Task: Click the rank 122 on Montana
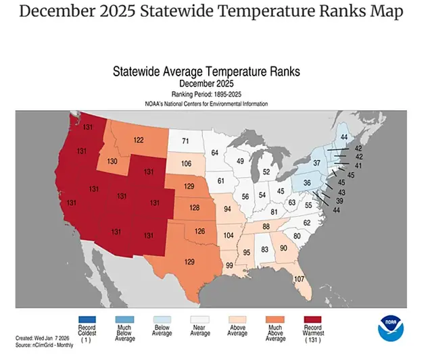pos(138,140)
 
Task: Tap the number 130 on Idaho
pos(112,161)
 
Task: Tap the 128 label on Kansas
pos(194,208)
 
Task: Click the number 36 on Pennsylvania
pos(308,183)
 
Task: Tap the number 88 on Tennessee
pos(268,226)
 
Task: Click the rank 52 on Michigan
pos(266,172)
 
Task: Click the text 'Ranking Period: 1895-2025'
pos(206,96)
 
